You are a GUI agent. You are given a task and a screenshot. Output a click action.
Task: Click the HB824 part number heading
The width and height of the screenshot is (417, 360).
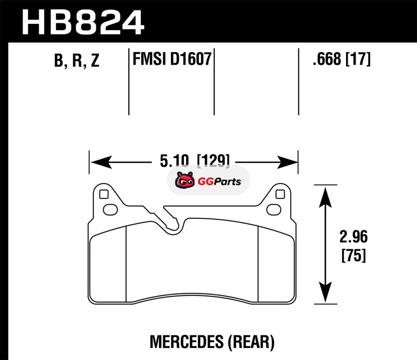(x=83, y=22)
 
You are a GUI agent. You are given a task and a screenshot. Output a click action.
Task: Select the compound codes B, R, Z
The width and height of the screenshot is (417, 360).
(x=77, y=60)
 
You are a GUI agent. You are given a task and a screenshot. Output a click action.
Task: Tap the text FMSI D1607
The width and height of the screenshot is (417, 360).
(x=172, y=59)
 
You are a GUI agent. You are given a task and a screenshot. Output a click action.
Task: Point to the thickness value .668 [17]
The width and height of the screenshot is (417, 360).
(x=341, y=59)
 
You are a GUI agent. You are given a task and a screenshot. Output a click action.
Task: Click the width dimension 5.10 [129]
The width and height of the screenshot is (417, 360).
(x=194, y=161)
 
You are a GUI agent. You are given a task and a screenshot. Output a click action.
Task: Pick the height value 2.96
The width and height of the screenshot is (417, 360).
(x=353, y=237)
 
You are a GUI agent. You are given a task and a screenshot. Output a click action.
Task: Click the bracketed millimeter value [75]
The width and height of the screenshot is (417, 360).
(x=354, y=255)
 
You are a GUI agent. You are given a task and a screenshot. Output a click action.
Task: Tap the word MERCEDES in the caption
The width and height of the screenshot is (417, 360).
(x=187, y=342)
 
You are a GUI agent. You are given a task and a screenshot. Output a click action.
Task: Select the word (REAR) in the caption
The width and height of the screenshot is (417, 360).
(x=251, y=342)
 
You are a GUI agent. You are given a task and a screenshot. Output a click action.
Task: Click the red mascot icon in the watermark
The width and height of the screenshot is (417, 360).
(x=185, y=180)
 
